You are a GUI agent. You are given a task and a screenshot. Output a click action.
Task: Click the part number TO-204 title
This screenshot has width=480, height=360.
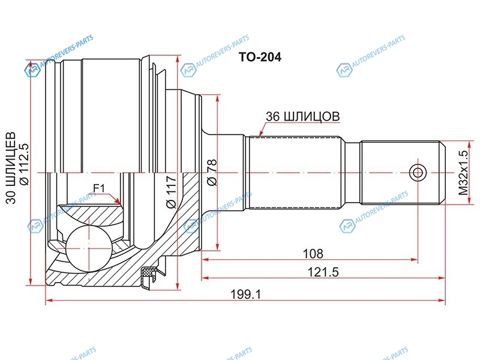260,57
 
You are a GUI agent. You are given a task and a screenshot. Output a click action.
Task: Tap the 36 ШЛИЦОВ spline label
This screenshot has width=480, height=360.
302,116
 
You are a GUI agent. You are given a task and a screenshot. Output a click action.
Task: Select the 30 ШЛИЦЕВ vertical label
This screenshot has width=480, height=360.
11,168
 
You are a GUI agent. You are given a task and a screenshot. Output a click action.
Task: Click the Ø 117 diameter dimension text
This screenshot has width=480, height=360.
171,192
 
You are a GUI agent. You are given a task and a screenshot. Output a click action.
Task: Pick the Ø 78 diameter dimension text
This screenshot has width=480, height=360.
212,173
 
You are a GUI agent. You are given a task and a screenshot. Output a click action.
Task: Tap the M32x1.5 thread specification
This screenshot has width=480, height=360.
463,173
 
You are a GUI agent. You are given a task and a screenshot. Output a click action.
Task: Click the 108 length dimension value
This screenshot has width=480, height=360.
313,253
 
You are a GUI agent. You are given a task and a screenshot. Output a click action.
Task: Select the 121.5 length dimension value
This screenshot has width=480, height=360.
323,272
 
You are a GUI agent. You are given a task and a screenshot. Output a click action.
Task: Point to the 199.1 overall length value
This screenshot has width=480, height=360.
245,294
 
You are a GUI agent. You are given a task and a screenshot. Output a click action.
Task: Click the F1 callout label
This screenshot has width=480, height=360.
99,188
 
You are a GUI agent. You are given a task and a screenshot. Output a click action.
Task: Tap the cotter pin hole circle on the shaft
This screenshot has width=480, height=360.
418,173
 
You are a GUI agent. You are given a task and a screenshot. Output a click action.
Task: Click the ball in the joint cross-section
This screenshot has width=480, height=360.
88,248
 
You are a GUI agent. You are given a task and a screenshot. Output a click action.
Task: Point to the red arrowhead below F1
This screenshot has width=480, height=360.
117,200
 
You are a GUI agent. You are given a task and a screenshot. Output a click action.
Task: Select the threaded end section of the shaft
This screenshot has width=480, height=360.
403,173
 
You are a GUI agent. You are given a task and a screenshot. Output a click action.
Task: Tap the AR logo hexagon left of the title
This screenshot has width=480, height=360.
188,71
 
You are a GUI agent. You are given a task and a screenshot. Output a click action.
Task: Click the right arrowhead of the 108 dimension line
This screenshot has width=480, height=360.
414,260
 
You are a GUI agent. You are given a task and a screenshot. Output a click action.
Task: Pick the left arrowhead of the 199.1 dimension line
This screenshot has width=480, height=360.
49,301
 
